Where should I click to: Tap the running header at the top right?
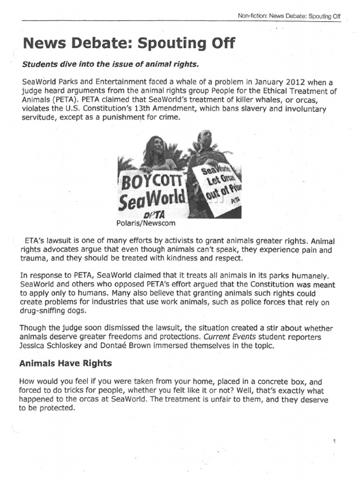tap(289, 16)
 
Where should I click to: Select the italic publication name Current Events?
tap(254, 337)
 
